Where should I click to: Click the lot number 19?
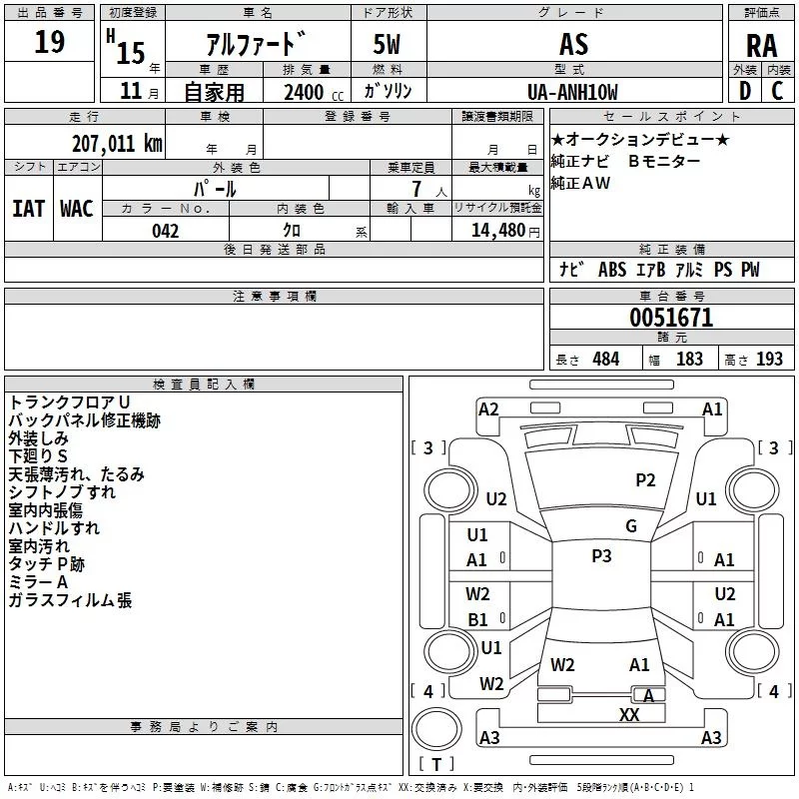tap(49, 42)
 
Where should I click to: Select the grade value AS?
tap(573, 44)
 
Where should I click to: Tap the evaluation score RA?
tap(761, 46)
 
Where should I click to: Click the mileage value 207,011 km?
tap(117, 144)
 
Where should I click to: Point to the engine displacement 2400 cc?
tap(314, 93)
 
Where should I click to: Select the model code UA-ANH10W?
tap(572, 93)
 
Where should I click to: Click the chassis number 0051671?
tap(671, 318)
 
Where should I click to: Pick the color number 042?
tap(165, 231)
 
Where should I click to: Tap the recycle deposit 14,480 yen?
tap(505, 231)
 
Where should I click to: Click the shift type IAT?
tap(28, 209)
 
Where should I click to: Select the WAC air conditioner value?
tap(77, 209)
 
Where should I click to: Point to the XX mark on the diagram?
tap(629, 714)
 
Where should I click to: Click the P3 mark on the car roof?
tap(601, 556)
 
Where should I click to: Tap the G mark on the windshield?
tap(631, 526)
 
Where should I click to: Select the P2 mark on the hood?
tap(645, 480)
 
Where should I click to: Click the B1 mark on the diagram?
tap(478, 619)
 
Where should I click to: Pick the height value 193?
tap(769, 360)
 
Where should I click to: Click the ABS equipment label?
tap(612, 270)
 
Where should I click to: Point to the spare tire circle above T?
tap(436, 729)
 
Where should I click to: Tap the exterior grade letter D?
tap(744, 91)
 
